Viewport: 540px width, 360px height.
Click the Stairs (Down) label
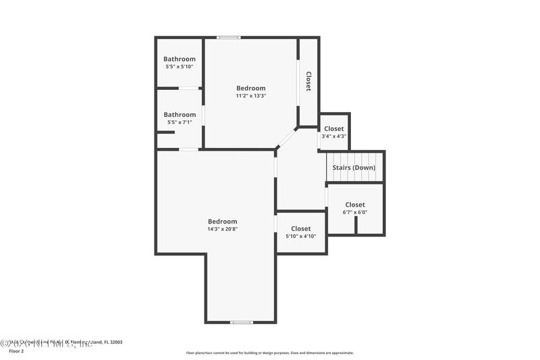pos(354,168)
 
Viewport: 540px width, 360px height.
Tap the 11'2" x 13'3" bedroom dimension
pos(250,96)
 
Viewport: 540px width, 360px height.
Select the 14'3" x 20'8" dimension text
pos(222,229)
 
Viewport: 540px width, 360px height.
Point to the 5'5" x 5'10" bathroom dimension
pos(180,66)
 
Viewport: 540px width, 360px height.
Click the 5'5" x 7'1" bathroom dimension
pos(180,122)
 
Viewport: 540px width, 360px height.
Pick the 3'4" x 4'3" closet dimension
pos(333,136)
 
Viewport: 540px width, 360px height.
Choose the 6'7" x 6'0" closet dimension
pos(355,212)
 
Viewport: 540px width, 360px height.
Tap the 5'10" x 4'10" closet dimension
pos(301,236)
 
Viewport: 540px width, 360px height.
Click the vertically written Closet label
pos(308,82)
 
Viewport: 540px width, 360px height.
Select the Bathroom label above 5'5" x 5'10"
pos(180,59)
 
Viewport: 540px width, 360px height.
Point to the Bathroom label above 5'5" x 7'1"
pos(180,115)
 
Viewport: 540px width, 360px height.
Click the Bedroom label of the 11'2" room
pos(250,88)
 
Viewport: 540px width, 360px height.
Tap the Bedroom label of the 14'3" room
pos(222,222)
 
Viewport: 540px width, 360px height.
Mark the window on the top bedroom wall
pos(228,37)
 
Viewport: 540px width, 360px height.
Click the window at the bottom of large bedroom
pos(242,322)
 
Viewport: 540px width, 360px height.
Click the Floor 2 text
pos(16,351)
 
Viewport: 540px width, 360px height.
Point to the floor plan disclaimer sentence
pos(270,353)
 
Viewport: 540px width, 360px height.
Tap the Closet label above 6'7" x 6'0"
pos(355,205)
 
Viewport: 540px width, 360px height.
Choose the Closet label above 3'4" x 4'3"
pos(333,128)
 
